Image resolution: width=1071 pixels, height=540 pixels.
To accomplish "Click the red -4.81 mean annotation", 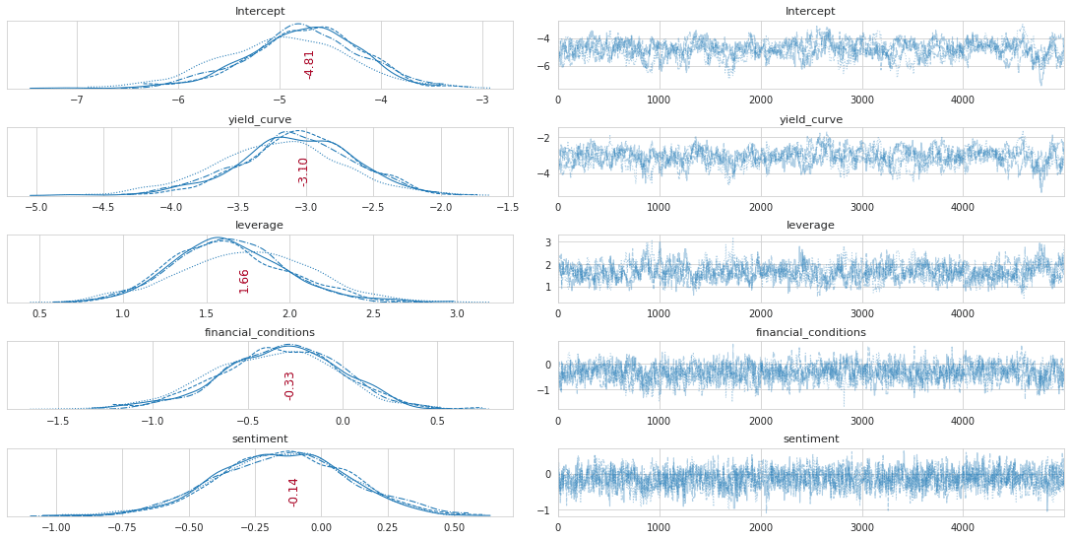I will point(309,64).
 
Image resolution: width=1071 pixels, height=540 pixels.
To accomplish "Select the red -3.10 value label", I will point(303,171).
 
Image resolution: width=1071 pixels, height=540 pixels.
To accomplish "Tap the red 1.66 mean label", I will point(244,280).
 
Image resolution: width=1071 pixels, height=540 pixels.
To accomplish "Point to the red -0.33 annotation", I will point(289,385).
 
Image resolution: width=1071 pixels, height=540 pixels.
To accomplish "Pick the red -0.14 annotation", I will point(293,492).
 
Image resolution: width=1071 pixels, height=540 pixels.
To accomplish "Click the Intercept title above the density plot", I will point(260,12).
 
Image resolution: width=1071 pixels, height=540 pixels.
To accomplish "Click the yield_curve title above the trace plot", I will point(810,119).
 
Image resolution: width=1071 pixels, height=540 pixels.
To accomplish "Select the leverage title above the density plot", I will point(260,226).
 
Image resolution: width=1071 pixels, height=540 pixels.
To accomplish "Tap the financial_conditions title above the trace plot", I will point(810,333).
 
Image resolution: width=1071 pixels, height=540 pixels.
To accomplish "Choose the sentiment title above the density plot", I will point(260,439).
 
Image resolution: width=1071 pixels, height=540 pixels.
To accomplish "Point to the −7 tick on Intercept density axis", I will point(77,101).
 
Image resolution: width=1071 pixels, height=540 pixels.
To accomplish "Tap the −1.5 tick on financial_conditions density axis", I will point(58,421).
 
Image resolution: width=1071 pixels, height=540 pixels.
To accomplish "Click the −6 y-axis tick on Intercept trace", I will point(544,67).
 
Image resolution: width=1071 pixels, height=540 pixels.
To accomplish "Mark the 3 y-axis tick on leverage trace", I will point(548,241).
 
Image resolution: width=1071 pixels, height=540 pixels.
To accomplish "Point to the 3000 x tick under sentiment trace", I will point(861,527).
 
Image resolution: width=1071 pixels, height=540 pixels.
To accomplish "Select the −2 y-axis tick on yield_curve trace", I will point(544,138).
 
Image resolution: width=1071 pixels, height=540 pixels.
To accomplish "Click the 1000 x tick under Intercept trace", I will point(659,101).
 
